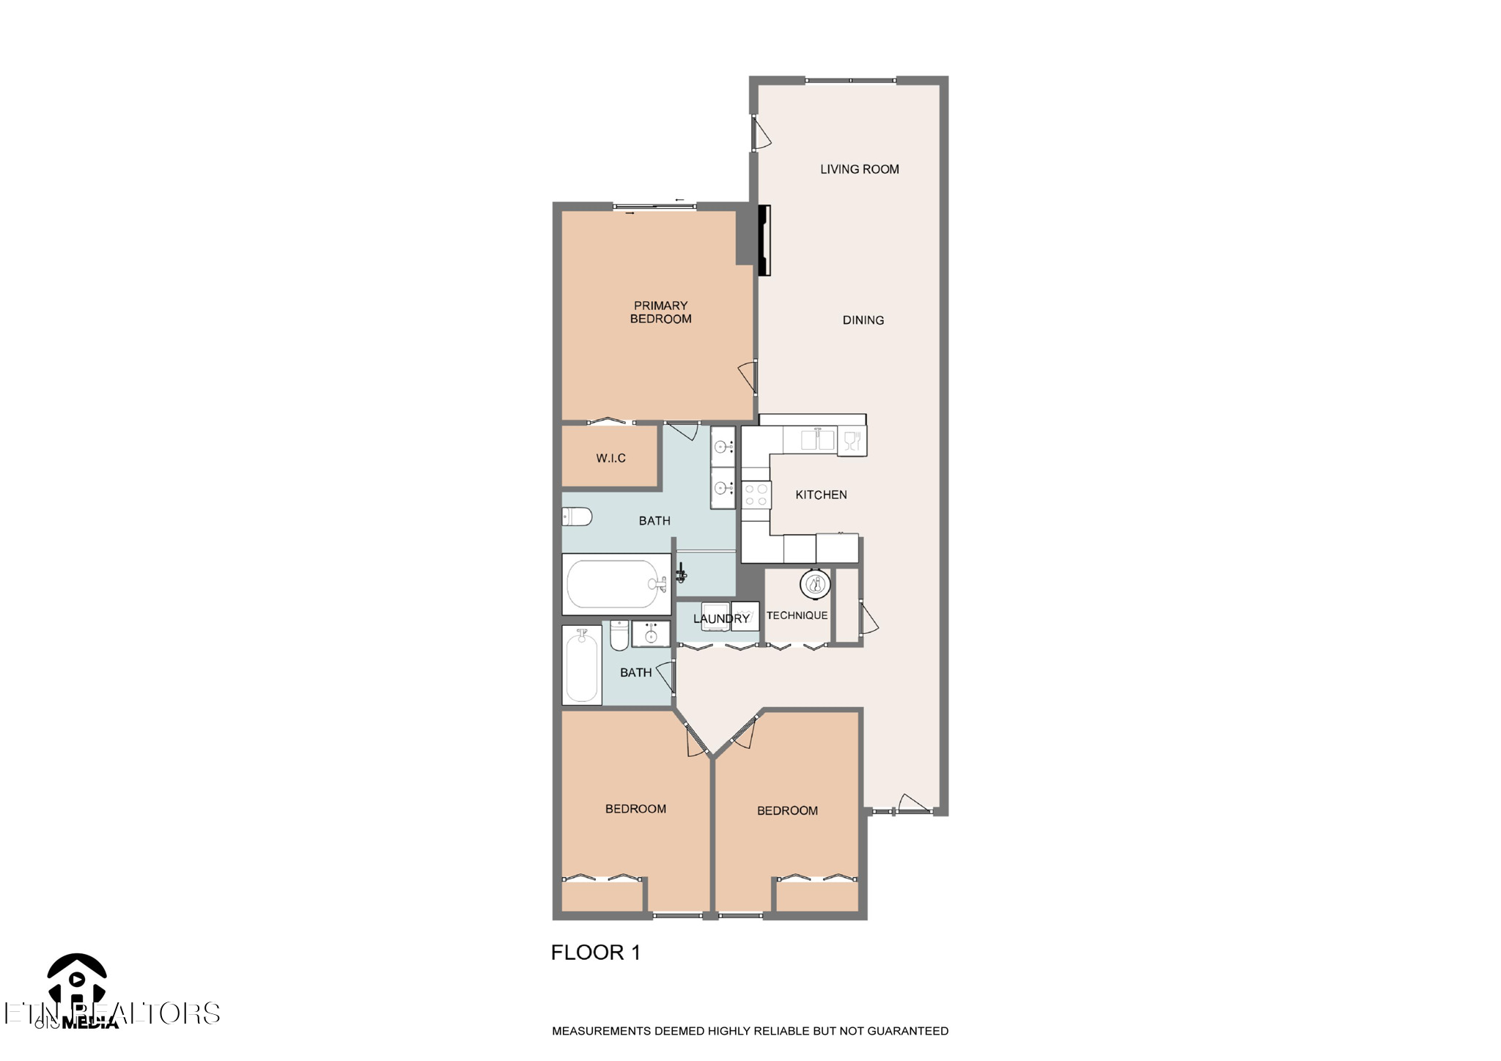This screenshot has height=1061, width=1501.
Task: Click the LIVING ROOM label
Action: pyautogui.click(x=859, y=169)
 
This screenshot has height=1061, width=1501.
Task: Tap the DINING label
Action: pyautogui.click(x=863, y=320)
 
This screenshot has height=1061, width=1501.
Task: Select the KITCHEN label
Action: pyautogui.click(x=821, y=495)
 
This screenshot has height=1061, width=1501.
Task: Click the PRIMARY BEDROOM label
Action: pyautogui.click(x=660, y=312)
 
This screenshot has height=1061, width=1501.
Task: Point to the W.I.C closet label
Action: pyautogui.click(x=611, y=459)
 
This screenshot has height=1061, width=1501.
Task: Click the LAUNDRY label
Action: pyautogui.click(x=721, y=619)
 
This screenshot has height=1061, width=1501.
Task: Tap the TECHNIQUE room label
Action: pyautogui.click(x=797, y=615)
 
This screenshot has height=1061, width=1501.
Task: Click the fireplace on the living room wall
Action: pyautogui.click(x=764, y=240)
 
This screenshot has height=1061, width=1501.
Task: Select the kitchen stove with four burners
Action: pyautogui.click(x=756, y=495)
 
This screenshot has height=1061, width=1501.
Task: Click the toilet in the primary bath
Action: pyautogui.click(x=577, y=517)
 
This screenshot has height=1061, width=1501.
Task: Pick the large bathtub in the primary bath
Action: pyautogui.click(x=616, y=585)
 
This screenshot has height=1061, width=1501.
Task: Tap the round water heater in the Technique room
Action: pyautogui.click(x=815, y=585)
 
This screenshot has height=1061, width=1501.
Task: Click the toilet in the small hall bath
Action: pyautogui.click(x=619, y=636)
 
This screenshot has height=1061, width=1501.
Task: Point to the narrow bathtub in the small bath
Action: pyautogui.click(x=582, y=665)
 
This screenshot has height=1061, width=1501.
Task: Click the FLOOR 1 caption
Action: pyautogui.click(x=595, y=953)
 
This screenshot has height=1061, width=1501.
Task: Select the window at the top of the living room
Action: pyautogui.click(x=850, y=80)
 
